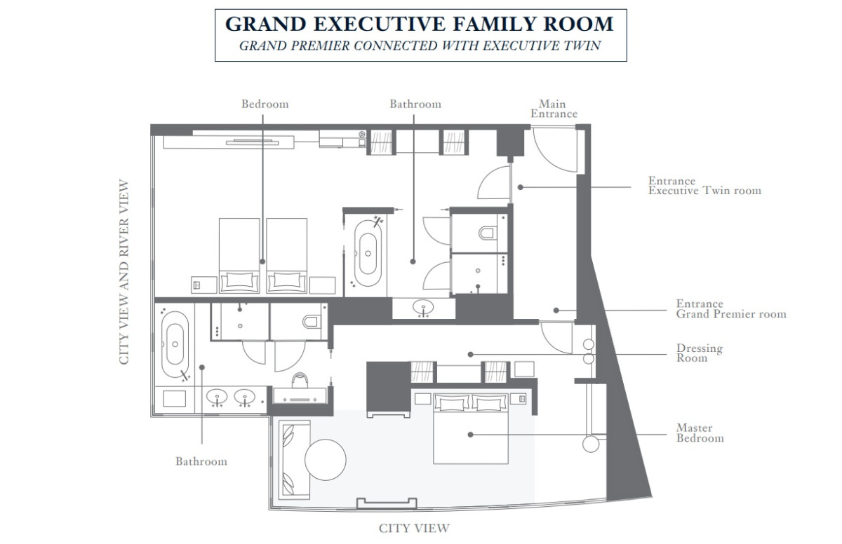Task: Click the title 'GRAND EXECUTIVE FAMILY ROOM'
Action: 420,24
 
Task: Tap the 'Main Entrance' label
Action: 554,109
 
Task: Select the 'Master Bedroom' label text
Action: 700,433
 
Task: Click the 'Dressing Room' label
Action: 699,353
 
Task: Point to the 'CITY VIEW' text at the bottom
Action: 414,529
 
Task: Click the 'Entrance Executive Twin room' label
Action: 704,186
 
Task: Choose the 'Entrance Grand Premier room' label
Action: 731,308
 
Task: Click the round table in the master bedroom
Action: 325,460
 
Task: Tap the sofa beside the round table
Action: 294,460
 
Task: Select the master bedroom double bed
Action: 471,428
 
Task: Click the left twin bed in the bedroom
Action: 239,256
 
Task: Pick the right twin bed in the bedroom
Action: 287,256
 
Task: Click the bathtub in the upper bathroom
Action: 368,253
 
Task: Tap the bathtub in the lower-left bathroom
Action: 175,344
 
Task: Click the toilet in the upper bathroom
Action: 487,233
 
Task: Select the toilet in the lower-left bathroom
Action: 312,322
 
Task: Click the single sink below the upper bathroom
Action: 423,308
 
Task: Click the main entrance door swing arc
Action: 549,157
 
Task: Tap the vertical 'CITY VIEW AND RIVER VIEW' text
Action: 123,271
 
